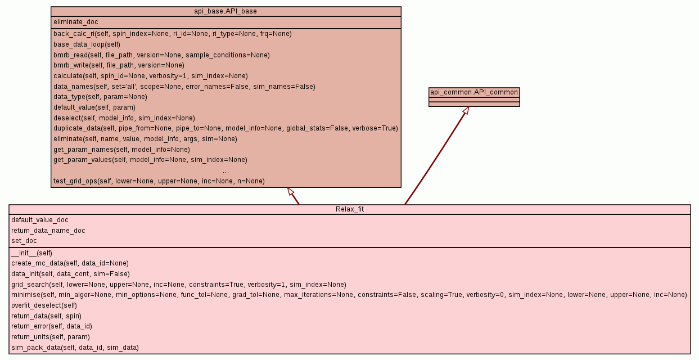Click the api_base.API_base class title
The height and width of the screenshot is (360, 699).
[226, 11]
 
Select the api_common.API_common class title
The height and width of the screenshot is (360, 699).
[474, 92]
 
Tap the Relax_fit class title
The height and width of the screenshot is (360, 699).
[349, 209]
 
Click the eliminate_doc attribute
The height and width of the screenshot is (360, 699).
[76, 22]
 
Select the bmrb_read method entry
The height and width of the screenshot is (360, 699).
[161, 55]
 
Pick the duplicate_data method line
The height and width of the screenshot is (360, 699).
[226, 128]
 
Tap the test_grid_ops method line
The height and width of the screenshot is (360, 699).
[159, 181]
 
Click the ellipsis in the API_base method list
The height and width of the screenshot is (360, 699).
[226, 171]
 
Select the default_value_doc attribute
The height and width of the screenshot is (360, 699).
[40, 220]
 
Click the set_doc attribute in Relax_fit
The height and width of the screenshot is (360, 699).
[24, 241]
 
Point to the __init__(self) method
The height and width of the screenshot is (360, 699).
[31, 253]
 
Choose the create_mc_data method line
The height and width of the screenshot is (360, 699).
[70, 263]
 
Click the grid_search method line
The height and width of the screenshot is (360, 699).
[178, 285]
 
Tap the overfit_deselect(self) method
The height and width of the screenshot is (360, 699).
[44, 305]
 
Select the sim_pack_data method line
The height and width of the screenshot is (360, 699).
[75, 348]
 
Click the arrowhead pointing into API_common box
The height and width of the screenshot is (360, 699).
[466, 111]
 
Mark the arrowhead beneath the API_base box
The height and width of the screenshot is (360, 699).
[291, 192]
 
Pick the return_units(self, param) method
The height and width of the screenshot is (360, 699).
[51, 337]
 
